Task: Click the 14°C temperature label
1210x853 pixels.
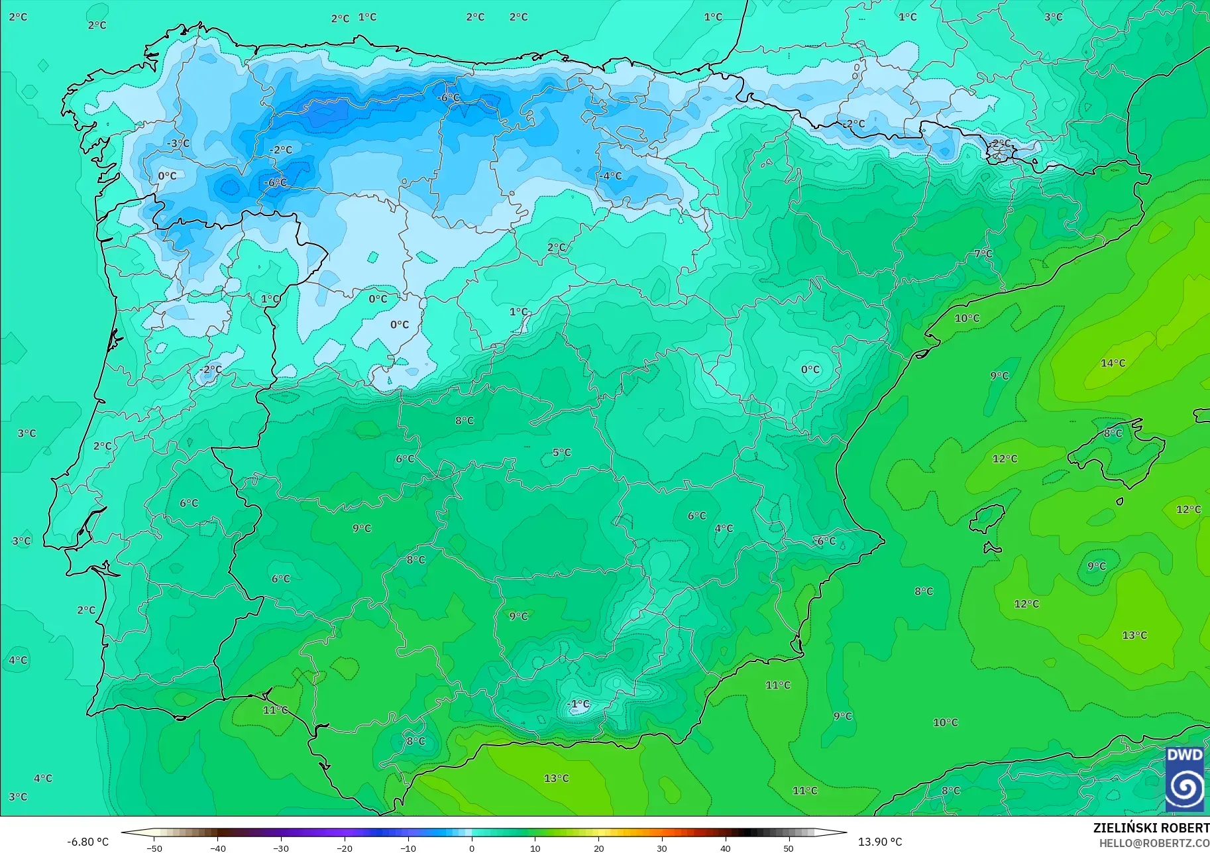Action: (x=1113, y=363)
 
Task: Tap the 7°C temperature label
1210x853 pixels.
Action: (x=983, y=254)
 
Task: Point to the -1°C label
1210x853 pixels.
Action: (x=578, y=704)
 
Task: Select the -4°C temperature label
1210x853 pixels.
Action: (x=611, y=176)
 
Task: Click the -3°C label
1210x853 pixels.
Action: (x=178, y=143)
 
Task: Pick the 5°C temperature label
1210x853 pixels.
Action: (x=561, y=453)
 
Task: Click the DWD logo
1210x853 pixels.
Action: (x=1184, y=779)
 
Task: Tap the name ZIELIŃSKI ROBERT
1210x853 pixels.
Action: (x=1151, y=828)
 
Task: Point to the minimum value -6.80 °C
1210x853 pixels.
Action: (x=88, y=842)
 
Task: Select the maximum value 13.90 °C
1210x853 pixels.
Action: (x=880, y=842)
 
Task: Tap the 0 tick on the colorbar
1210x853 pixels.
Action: (x=472, y=848)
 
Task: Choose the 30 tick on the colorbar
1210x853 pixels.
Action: (x=662, y=848)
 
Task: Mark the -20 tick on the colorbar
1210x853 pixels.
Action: (x=345, y=848)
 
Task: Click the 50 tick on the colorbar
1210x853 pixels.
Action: (x=789, y=848)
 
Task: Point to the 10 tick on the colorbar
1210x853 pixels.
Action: (x=535, y=848)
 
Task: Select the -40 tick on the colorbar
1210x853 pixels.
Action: (x=217, y=848)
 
